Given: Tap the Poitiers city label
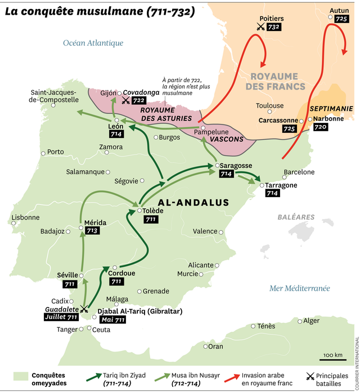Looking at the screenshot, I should (x=272, y=18).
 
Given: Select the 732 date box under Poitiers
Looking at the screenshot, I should (x=274, y=26).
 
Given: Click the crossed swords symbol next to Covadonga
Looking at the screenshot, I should (x=125, y=101).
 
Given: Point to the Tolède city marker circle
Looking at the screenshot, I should (x=139, y=211).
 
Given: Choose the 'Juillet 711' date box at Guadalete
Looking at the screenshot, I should (x=60, y=317).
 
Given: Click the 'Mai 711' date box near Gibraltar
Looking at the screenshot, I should (x=111, y=319).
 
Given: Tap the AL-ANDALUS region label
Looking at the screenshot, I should (x=193, y=202).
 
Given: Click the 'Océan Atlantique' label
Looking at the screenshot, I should (x=93, y=43).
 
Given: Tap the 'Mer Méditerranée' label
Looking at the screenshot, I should (x=299, y=288).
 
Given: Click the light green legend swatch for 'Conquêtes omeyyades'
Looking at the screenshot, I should (x=21, y=376).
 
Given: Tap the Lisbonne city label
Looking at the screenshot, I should (x=25, y=217).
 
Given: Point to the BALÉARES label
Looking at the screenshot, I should (x=296, y=217).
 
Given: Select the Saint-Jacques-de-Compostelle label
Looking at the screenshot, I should (x=55, y=96).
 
